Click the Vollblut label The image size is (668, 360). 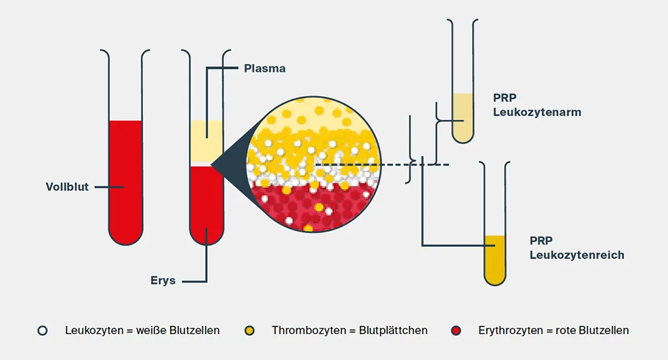pyautogui.click(x=67, y=187)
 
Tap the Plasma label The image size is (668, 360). pyautogui.click(x=265, y=68)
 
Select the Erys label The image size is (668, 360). pyautogui.click(x=162, y=280)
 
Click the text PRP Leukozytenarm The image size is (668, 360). pyautogui.click(x=537, y=105)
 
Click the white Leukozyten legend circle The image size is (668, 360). pyautogui.click(x=43, y=330)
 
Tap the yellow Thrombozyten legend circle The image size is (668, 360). pyautogui.click(x=250, y=330)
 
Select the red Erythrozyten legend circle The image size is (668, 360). pyautogui.click(x=457, y=330)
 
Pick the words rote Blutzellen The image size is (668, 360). pyautogui.click(x=593, y=330)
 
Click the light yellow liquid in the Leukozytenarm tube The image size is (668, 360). pyautogui.click(x=462, y=114)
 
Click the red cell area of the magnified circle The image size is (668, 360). pyautogui.click(x=314, y=207)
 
